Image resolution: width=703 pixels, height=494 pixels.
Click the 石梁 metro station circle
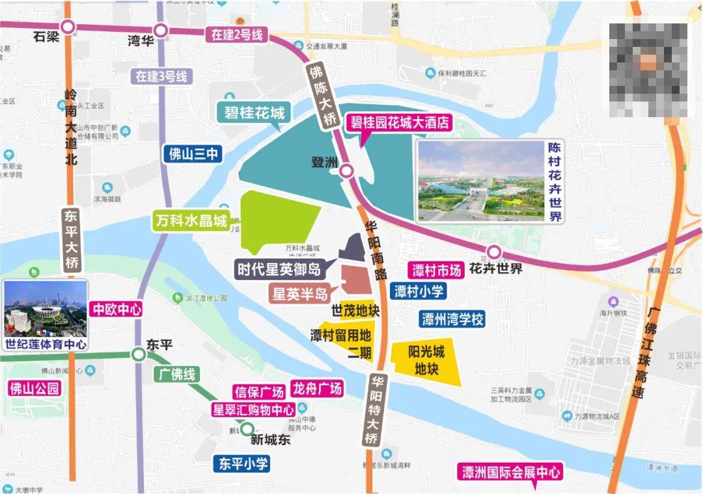click(68, 27)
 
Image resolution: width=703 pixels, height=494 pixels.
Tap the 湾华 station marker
click(160, 31)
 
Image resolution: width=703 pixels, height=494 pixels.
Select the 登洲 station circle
click(347, 171)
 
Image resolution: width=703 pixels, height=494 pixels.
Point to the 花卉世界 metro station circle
click(494, 252)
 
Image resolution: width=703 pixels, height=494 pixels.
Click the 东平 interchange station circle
click(138, 354)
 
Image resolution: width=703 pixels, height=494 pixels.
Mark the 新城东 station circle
click(247, 428)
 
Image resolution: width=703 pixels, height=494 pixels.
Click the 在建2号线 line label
click(236, 35)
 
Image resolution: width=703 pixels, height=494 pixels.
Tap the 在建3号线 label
click(161, 76)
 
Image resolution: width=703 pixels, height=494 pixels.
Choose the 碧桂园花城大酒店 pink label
click(400, 122)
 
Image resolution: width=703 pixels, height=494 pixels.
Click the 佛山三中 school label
click(193, 154)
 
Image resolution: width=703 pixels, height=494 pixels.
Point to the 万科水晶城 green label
click(191, 221)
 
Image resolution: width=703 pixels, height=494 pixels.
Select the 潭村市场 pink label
click(435, 269)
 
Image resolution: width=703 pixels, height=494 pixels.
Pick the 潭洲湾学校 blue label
click(452, 319)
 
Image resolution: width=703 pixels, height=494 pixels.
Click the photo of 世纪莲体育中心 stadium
click(45, 308)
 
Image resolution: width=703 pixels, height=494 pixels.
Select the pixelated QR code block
click(648, 70)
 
